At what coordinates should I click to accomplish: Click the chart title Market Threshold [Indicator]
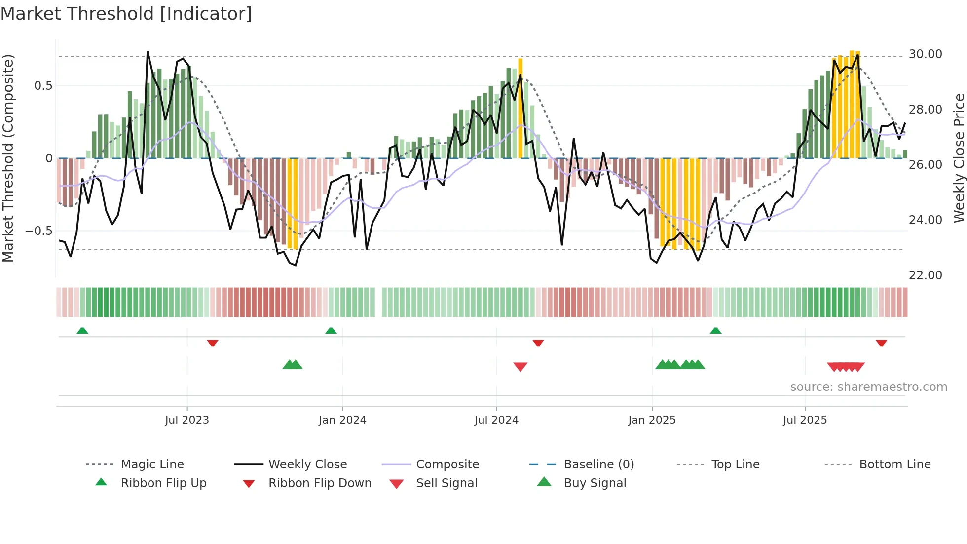126,14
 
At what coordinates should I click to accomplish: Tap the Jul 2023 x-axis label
187,420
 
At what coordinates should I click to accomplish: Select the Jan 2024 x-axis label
342,420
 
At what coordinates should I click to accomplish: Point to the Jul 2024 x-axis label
496,420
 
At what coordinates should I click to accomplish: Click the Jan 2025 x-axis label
652,420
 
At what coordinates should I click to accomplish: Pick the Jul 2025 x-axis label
805,420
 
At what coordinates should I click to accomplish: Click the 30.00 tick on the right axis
925,54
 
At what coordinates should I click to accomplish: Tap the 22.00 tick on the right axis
925,275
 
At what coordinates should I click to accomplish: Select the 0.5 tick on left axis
43,86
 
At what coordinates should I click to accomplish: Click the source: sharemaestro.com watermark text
868,387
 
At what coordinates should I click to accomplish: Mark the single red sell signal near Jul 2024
521,367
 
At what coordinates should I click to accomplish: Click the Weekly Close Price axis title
959,158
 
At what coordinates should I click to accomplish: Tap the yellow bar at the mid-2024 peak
521,109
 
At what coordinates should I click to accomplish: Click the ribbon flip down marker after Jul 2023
213,343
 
